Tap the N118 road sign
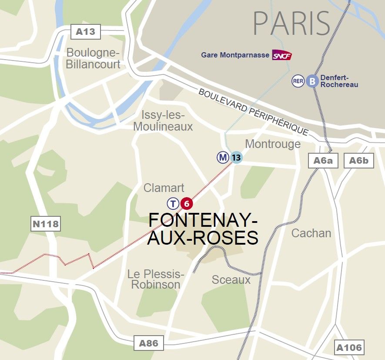click(45, 225)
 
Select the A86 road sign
click(148, 343)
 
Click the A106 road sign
click(349, 347)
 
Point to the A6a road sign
click(323, 161)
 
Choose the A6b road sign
click(359, 161)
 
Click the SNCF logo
click(282, 55)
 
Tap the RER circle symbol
click(298, 81)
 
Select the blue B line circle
click(312, 81)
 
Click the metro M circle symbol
click(223, 157)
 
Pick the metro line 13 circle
click(236, 157)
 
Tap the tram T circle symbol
click(173, 203)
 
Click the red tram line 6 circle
click(186, 203)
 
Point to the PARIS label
click(291, 24)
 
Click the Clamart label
click(164, 188)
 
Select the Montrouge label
click(273, 144)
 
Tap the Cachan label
click(311, 233)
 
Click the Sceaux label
click(231, 280)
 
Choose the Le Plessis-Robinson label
click(156, 279)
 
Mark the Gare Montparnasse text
click(235, 55)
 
